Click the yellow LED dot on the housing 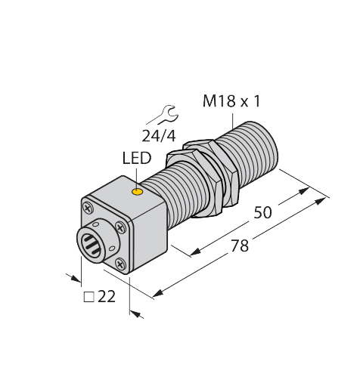tap(137, 193)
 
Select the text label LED tap(136, 159)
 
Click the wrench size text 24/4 tap(157, 136)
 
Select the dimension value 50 tap(262, 213)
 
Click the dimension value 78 tap(241, 246)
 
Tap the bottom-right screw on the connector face tap(121, 263)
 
